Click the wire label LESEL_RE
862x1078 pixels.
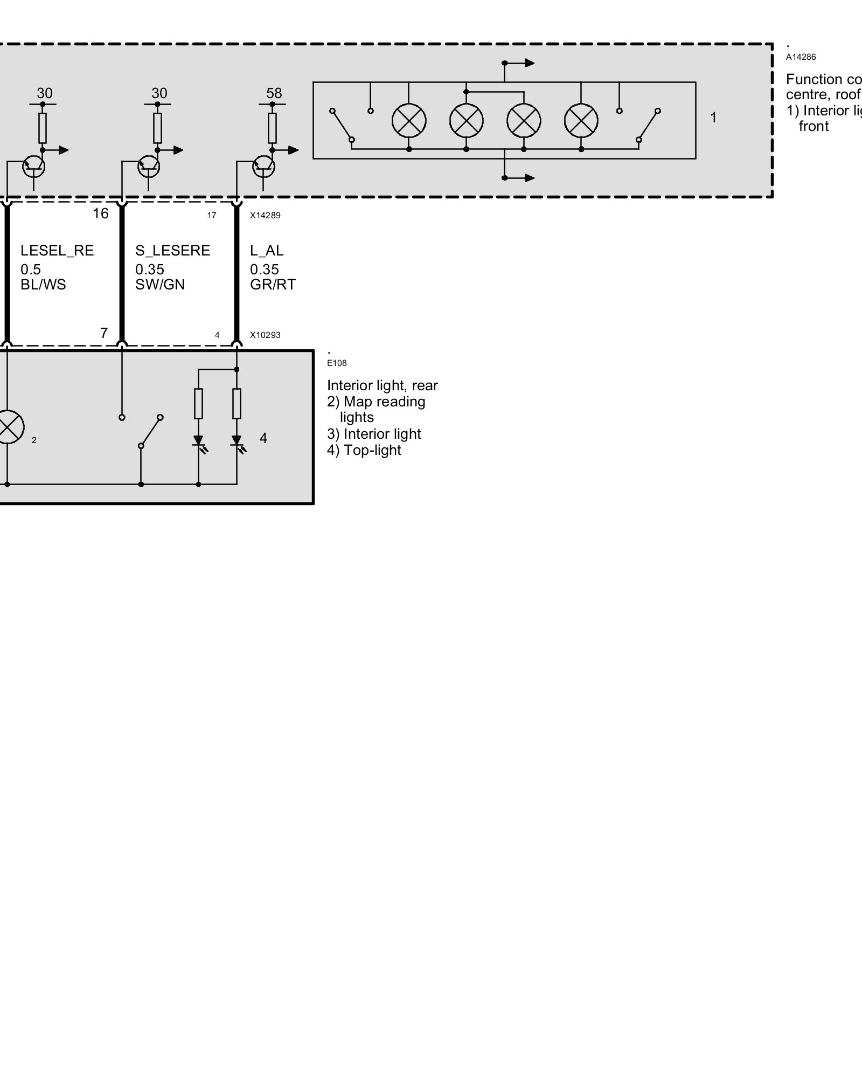point(57,251)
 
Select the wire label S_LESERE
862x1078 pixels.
point(172,251)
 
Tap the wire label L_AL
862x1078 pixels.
point(267,251)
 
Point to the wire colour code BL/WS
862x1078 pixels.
point(43,285)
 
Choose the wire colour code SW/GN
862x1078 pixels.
point(160,285)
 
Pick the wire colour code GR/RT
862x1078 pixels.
point(273,285)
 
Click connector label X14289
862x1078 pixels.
point(265,216)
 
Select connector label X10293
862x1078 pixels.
point(265,335)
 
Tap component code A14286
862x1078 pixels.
point(801,57)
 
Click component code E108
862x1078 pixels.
point(337,363)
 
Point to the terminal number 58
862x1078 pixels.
point(274,94)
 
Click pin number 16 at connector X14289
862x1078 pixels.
point(101,214)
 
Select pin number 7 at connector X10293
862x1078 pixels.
point(104,334)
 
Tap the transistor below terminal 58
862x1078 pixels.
point(263,167)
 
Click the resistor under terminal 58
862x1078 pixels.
point(272,128)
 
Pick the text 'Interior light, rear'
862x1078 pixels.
point(382,386)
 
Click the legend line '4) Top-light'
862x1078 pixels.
point(364,451)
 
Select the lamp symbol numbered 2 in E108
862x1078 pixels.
point(8,427)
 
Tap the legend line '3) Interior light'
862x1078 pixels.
point(374,434)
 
